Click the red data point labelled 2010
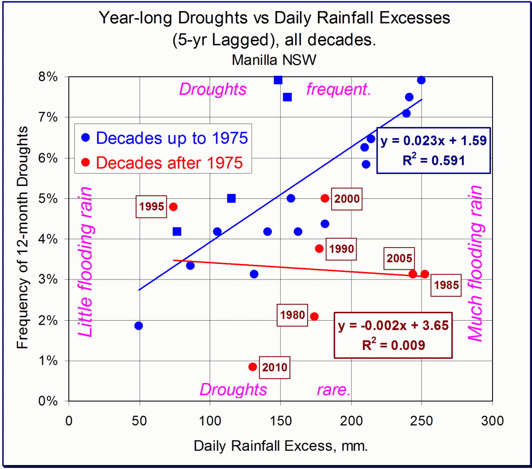click(253, 367)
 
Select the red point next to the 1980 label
click(314, 316)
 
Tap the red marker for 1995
click(173, 206)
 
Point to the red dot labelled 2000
click(325, 198)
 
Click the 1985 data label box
click(446, 285)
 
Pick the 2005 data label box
click(400, 258)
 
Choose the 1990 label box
click(341, 249)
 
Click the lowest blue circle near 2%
click(138, 326)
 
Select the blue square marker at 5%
click(231, 198)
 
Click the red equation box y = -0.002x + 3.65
click(394, 335)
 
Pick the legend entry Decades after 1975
click(163, 162)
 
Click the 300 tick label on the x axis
click(492, 420)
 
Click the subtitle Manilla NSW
click(274, 59)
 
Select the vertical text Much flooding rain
click(475, 264)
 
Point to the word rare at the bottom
click(334, 390)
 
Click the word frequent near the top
click(338, 90)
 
